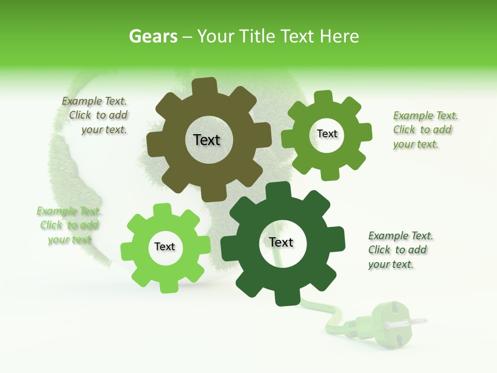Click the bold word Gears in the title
click(153, 36)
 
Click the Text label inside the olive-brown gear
click(207, 140)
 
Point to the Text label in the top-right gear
click(327, 134)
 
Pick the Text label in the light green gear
click(165, 247)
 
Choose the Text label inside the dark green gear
click(281, 242)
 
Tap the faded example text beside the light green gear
click(68, 225)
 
